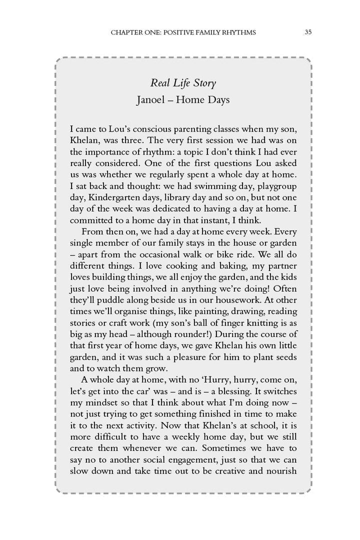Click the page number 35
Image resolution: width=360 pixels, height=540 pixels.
[308, 32]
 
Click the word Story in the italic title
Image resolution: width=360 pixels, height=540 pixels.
[202, 83]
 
